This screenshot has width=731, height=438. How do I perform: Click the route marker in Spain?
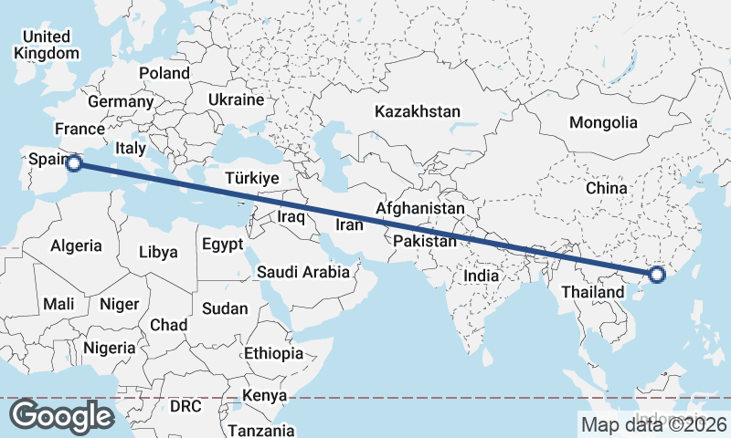pos(75,163)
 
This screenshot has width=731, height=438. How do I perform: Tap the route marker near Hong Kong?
pos(656,275)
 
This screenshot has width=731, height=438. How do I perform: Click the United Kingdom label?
pos(47,45)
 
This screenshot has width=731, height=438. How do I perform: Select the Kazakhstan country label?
pos(417,111)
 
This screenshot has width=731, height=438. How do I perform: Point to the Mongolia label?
pos(602,122)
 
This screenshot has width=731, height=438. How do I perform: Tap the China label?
pos(607,188)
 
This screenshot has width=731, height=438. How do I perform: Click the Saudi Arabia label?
pos(302,272)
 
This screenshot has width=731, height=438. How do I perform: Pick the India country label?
pos(481,276)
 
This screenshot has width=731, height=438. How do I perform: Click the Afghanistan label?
pos(419,209)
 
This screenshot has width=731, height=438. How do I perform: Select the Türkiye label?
pos(251,179)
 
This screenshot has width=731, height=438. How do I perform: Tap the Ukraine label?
pos(236,99)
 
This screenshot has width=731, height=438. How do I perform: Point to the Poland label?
pos(164,73)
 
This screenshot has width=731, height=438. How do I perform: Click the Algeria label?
pos(76,246)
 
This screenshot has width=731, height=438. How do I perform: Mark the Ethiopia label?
pos(273,353)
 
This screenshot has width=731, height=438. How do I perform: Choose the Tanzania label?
pos(261,430)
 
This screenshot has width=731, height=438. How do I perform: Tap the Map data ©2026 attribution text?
pos(653,424)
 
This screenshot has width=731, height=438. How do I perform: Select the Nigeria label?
pos(110,348)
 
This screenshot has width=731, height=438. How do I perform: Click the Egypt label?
pos(222,245)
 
